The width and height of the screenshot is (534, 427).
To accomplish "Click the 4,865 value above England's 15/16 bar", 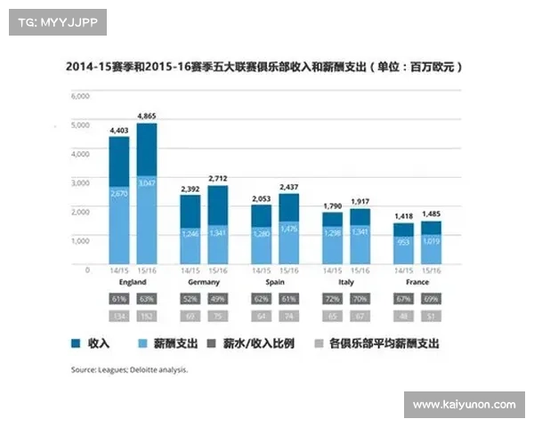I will point(147,116).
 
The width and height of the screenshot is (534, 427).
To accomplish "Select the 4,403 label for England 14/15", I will point(119,130).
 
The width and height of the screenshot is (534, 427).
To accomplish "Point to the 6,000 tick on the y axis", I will point(80,95).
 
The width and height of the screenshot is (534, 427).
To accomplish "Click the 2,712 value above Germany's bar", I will point(217,178).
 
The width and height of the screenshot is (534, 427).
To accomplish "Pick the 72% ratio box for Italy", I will point(332,300).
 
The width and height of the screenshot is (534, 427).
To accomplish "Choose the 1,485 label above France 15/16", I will point(432,213).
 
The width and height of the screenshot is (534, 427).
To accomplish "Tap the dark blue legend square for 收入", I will point(76,342).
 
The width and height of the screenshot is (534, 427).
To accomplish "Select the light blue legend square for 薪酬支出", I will point(143,342).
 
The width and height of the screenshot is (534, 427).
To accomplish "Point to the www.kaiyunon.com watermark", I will point(464,405).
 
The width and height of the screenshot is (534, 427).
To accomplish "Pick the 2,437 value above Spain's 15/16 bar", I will point(287,187).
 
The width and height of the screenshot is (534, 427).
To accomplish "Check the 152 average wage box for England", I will point(147,315).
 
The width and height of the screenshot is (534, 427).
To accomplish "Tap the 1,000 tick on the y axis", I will point(80,240).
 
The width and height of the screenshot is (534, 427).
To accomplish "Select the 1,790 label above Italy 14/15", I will point(332,205).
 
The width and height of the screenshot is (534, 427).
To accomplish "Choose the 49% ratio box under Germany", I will point(217,300).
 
